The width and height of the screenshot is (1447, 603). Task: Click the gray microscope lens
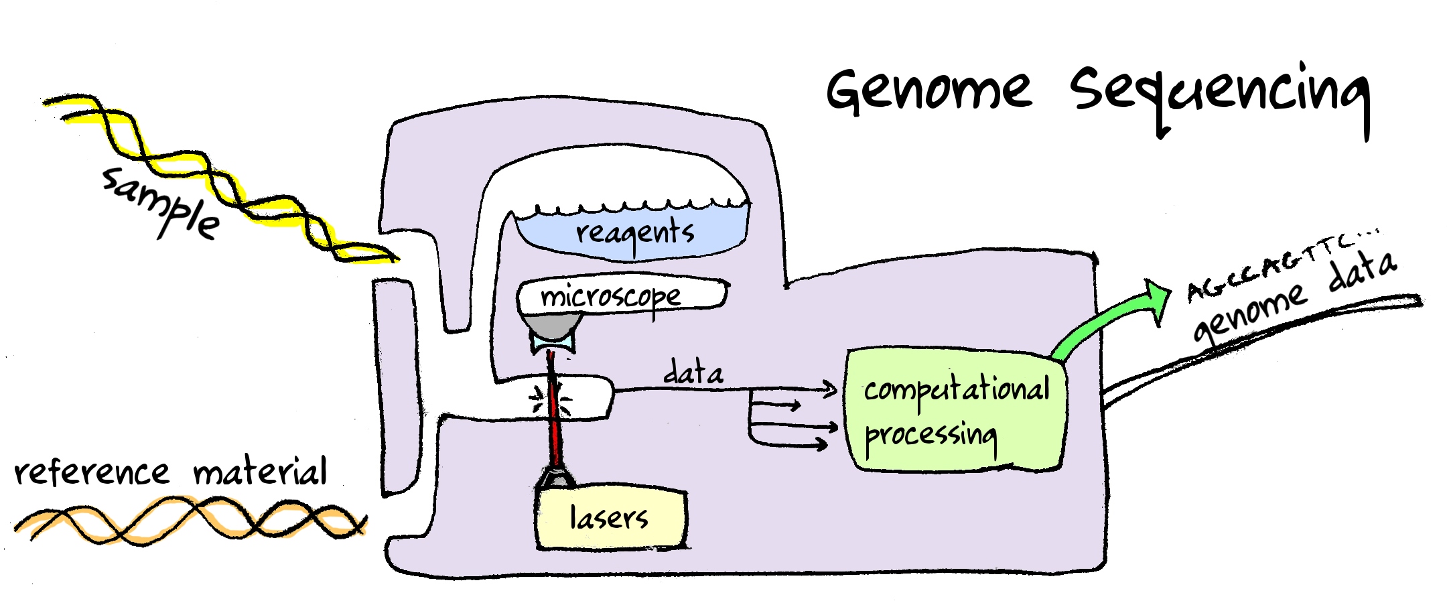pos(553,327)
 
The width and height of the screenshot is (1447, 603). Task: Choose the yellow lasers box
pos(610,519)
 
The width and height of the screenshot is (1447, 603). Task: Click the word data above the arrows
pos(693,373)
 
